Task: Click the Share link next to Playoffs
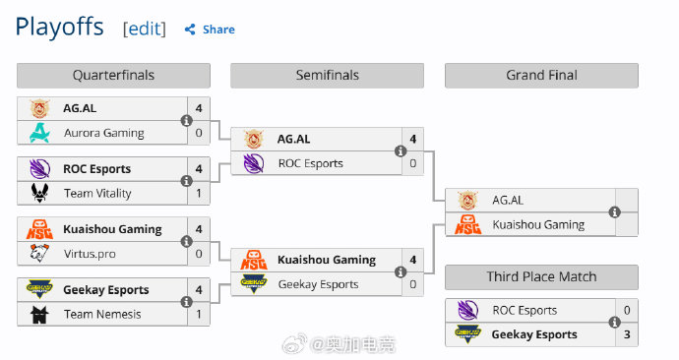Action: coord(210,30)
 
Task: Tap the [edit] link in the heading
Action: coord(145,29)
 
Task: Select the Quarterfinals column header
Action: coord(113,76)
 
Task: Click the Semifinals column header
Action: coord(328,76)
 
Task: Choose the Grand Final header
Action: coord(542,76)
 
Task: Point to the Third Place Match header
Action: coord(542,277)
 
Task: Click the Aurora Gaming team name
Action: coord(104,133)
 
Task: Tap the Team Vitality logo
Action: coord(39,193)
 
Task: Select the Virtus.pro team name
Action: coord(90,254)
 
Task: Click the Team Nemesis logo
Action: coord(39,314)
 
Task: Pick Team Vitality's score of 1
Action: coord(199,193)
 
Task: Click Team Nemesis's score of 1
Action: coord(199,314)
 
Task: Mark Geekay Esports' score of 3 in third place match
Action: coord(627,334)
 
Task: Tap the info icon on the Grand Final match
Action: coord(614,212)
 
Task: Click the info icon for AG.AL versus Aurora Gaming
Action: coord(186,121)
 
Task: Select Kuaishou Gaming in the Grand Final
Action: coord(538,224)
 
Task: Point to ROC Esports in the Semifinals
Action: coord(311,163)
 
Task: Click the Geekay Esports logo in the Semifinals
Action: coord(254,284)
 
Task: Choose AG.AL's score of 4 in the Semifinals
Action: coord(413,139)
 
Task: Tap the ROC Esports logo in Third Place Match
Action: coord(468,310)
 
